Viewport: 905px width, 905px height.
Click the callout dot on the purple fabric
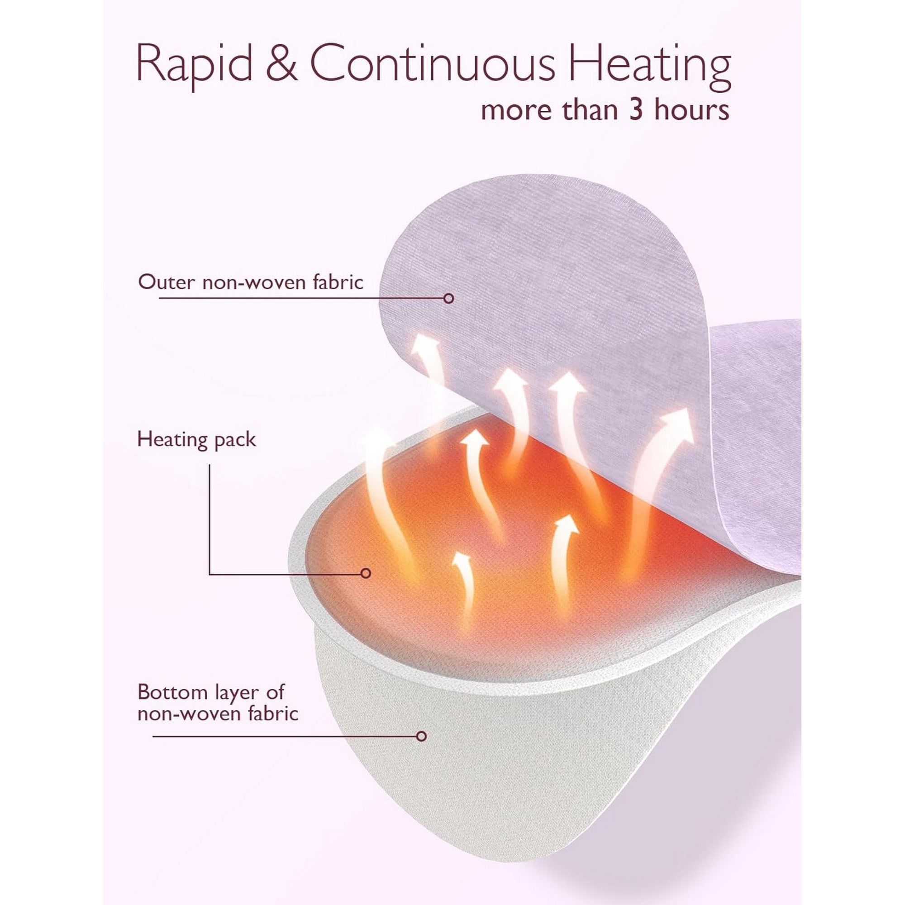(x=449, y=298)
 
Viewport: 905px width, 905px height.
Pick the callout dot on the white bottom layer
(x=422, y=736)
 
